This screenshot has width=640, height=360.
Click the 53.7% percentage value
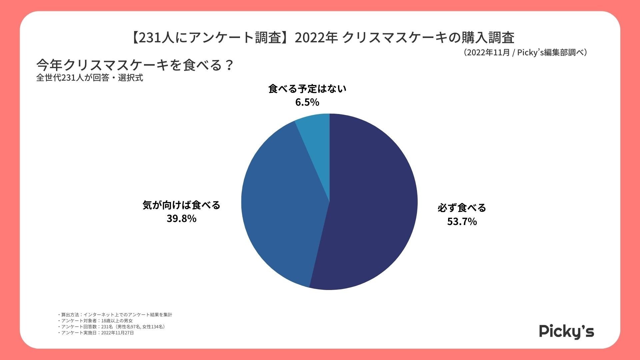click(x=462, y=222)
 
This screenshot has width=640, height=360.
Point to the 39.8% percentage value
click(x=181, y=219)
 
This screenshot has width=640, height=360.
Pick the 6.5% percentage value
click(x=307, y=102)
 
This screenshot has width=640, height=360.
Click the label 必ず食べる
click(x=462, y=208)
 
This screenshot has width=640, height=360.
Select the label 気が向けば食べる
click(x=181, y=205)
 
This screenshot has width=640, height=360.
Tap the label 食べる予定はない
click(x=307, y=89)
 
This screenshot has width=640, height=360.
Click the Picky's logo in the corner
click(x=566, y=331)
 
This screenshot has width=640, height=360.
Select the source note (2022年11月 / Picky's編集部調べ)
click(x=525, y=52)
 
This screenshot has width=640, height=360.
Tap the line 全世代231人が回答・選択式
click(x=90, y=78)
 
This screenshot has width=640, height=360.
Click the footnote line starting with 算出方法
click(x=115, y=314)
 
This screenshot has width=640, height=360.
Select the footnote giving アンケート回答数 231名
click(x=112, y=327)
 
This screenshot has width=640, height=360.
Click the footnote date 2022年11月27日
click(x=117, y=333)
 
